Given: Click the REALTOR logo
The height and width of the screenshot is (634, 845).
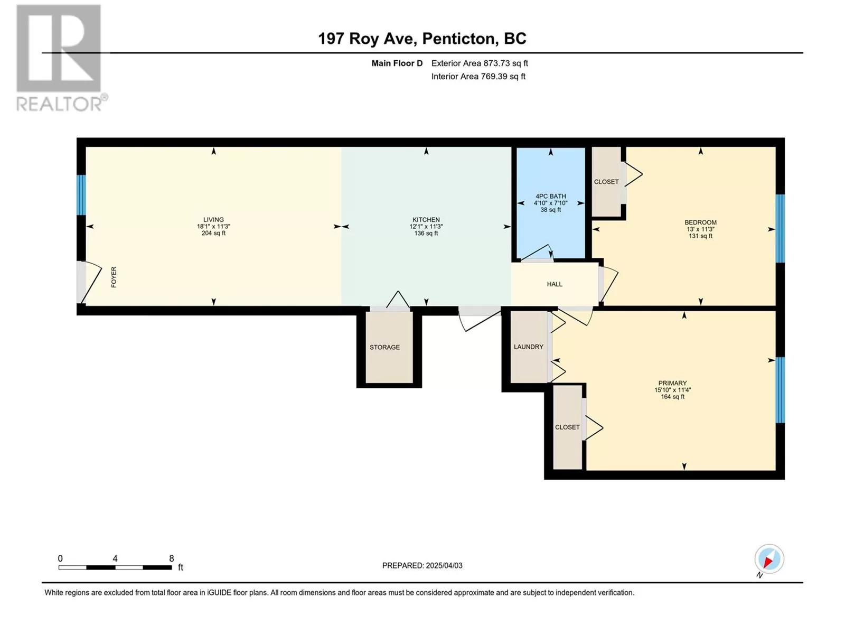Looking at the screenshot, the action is pyautogui.click(x=62, y=58).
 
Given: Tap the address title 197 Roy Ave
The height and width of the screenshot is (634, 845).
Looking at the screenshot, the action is pyautogui.click(x=367, y=39).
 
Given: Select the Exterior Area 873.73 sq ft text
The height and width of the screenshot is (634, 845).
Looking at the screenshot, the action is pyautogui.click(x=480, y=63).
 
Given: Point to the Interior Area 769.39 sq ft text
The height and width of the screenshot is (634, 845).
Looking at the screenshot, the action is pyautogui.click(x=478, y=76).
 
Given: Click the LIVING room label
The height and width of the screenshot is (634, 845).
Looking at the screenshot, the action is pyautogui.click(x=213, y=220).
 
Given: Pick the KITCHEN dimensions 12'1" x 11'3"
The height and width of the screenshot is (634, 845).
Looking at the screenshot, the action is pyautogui.click(x=426, y=227).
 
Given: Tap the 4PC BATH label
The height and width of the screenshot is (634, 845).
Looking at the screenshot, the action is pyautogui.click(x=550, y=197).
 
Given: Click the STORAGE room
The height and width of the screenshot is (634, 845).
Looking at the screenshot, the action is pyautogui.click(x=389, y=347).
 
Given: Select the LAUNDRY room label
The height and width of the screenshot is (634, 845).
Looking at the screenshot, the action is pyautogui.click(x=529, y=347).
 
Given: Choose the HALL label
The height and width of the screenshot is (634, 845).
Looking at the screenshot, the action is pyautogui.click(x=555, y=284).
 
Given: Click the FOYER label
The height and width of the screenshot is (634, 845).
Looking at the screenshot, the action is pyautogui.click(x=114, y=277).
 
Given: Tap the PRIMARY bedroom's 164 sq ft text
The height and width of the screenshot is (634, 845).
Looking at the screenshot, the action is pyautogui.click(x=672, y=396).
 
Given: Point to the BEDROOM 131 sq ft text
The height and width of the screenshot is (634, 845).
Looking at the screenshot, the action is pyautogui.click(x=701, y=236).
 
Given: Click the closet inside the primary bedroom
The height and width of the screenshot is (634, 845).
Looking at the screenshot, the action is pyautogui.click(x=567, y=427).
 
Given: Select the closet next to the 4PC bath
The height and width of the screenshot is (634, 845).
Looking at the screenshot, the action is pyautogui.click(x=606, y=181).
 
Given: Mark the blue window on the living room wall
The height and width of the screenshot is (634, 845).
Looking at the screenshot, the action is pyautogui.click(x=81, y=195).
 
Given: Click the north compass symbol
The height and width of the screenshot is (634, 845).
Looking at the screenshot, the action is pyautogui.click(x=769, y=560).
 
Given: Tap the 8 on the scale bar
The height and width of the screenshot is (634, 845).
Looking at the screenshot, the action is pyautogui.click(x=172, y=558).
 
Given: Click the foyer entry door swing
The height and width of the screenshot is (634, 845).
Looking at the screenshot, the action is pyautogui.click(x=89, y=282).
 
